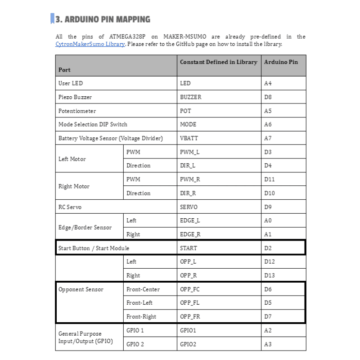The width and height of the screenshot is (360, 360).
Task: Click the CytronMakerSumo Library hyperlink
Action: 90,44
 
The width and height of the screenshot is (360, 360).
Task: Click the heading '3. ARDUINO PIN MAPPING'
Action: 103,19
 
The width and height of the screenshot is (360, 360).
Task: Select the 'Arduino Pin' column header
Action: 281,62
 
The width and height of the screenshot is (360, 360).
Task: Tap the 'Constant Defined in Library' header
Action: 219,62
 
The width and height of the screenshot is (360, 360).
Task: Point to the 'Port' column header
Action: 64,70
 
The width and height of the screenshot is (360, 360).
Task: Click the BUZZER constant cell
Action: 191,97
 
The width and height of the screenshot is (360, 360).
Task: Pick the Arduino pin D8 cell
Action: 268,97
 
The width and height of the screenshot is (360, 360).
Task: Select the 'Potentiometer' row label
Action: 77,111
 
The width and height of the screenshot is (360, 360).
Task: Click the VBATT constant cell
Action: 189,138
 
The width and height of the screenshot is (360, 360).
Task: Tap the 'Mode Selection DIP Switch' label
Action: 93,124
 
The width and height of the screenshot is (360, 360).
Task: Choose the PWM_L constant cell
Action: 189,152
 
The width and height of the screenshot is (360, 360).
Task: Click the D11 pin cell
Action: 270,179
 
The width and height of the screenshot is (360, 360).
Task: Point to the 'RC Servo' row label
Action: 70,207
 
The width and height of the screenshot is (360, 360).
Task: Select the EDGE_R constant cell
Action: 190,234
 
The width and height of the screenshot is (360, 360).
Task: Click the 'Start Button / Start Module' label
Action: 94,248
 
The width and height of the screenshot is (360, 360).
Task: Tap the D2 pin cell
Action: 268,248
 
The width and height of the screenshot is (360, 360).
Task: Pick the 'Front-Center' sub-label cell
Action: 143,289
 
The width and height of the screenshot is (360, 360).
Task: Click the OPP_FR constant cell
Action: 190,317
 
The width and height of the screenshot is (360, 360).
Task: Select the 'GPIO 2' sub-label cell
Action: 135,344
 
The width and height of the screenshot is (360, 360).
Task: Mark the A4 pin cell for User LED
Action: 268,83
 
